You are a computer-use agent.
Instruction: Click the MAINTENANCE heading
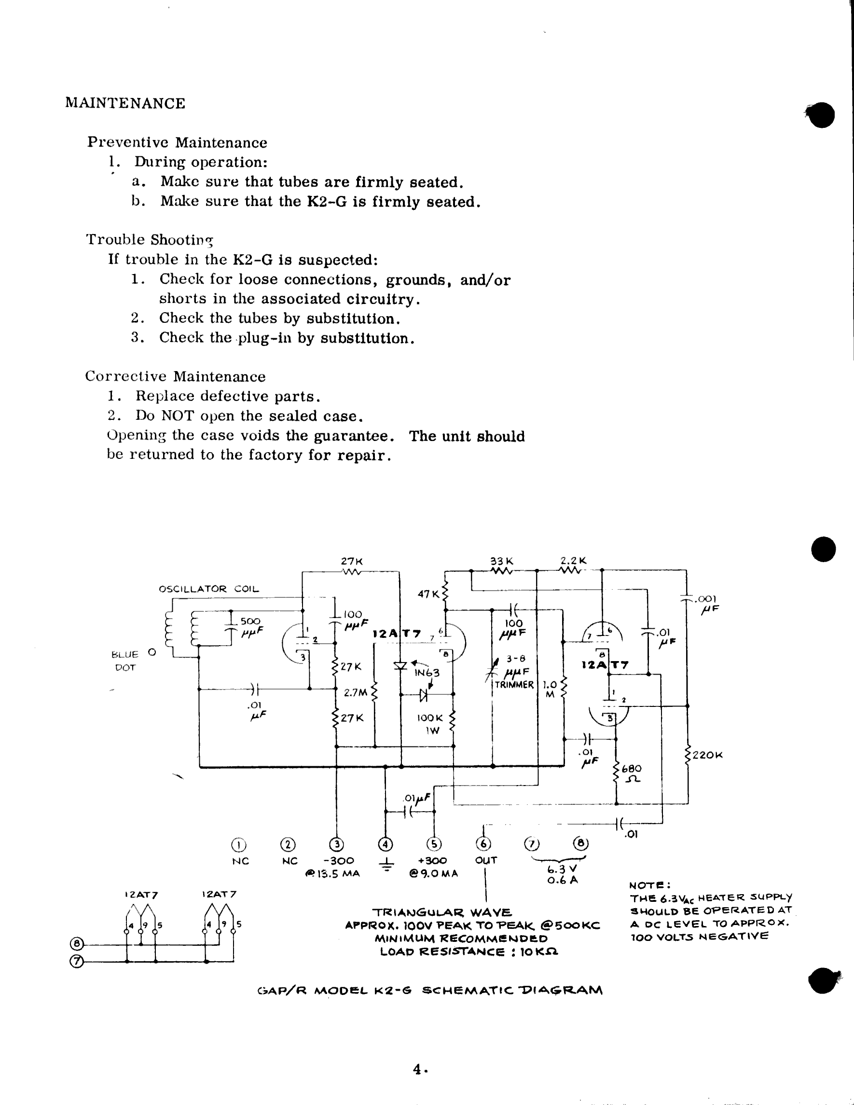click(x=125, y=103)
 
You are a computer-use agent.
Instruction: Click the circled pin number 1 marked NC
click(x=238, y=844)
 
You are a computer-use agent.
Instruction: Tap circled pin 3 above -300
click(x=336, y=844)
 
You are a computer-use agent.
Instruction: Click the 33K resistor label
click(x=502, y=561)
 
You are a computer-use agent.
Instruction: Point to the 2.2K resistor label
click(x=573, y=561)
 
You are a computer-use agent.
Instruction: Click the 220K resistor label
click(x=707, y=755)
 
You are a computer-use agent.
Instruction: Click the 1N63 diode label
click(x=427, y=673)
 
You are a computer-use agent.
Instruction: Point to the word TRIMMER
click(x=514, y=685)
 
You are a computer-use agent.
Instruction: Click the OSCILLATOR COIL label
click(x=208, y=589)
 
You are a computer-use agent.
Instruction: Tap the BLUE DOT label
click(x=124, y=661)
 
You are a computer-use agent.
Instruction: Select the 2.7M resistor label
click(x=355, y=692)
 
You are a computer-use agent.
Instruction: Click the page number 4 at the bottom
click(x=418, y=1069)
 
